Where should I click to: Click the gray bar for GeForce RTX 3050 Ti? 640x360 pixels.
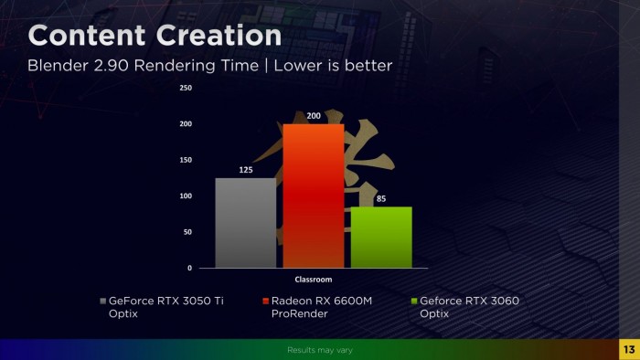tap(245, 223)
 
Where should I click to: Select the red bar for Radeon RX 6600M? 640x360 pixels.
tap(313, 196)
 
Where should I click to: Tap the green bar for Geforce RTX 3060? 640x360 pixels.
tap(381, 238)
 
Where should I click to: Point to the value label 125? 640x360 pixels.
tap(246, 170)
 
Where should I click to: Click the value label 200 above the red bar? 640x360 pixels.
tap(313, 116)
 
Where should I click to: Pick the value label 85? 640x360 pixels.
tap(381, 198)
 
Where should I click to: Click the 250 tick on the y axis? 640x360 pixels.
tap(186, 88)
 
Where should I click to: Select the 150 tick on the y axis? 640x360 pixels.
tap(186, 160)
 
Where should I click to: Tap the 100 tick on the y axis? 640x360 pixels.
tap(186, 196)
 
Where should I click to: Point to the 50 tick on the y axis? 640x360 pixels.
tap(187, 232)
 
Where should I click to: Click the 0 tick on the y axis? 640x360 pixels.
tap(189, 268)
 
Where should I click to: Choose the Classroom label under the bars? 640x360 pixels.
tap(313, 280)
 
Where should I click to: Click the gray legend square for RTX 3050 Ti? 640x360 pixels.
tap(102, 301)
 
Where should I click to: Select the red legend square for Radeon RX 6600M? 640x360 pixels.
tap(264, 301)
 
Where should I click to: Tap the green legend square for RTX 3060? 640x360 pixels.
tap(413, 301)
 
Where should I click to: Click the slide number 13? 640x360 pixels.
tap(628, 350)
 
